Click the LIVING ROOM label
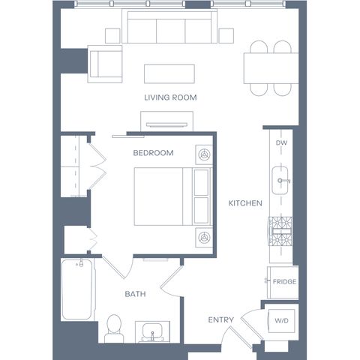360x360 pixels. click(170, 97)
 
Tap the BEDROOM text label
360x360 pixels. click(153, 153)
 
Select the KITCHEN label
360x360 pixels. click(245, 203)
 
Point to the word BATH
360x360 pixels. click(135, 294)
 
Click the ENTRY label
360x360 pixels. click(221, 319)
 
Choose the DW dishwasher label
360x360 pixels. click(281, 142)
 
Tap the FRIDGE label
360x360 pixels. click(284, 282)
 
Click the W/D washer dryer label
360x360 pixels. click(281, 320)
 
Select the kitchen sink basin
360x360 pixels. click(280, 180)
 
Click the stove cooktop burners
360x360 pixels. click(280, 231)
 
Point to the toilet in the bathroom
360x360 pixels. click(114, 328)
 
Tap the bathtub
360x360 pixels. click(77, 289)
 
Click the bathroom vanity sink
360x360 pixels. click(152, 331)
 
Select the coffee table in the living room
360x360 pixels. click(169, 74)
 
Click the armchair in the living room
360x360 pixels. click(105, 64)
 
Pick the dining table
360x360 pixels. click(271, 68)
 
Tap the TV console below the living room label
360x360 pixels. click(166, 121)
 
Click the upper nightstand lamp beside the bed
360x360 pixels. click(204, 154)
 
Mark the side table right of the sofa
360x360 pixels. click(226, 36)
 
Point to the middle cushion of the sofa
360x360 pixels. click(171, 31)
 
